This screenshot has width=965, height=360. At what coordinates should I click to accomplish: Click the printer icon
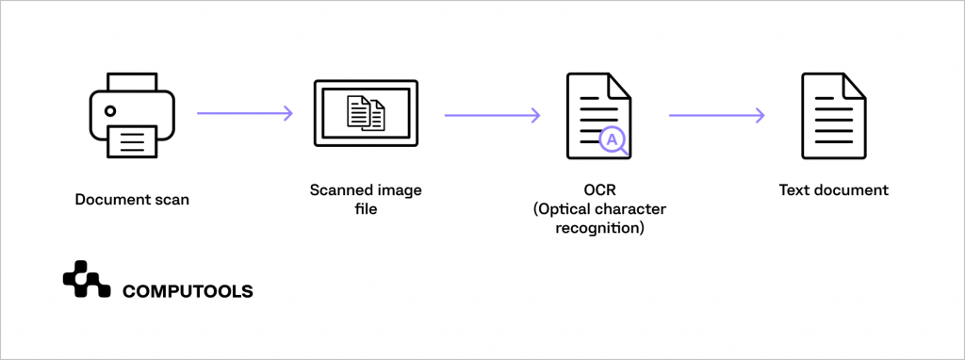pos(132,114)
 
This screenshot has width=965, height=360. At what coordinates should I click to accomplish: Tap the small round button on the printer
pos(111,110)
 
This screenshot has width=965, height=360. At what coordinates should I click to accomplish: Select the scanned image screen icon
pos(366,114)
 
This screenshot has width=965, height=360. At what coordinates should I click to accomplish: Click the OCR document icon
pos(597,114)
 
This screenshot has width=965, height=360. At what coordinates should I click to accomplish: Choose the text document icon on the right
pos(833,114)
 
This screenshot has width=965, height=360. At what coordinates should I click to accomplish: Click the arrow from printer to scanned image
pos(245,114)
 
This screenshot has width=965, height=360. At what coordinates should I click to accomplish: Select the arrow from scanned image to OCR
pos(492,115)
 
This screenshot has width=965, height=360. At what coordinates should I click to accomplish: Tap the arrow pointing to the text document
pos(716,115)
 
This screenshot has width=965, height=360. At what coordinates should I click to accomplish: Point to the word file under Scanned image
pos(366,208)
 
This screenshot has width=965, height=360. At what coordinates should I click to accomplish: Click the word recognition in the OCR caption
pos(588,227)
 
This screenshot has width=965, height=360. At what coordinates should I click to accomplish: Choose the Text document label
pos(833,190)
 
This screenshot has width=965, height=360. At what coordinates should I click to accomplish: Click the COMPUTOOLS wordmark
pos(188,292)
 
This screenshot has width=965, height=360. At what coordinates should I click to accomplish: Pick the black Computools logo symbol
pos(87,280)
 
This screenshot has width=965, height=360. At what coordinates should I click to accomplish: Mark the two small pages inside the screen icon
pos(366,113)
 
